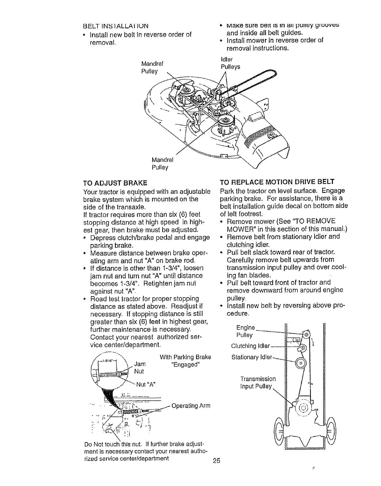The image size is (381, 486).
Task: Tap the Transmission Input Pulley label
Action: tap(258, 383)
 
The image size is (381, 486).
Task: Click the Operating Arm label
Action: tap(191, 406)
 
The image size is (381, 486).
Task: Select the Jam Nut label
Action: tap(139, 368)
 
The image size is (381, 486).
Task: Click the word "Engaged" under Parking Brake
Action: tap(186, 364)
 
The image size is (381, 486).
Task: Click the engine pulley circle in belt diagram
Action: tap(306, 334)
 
